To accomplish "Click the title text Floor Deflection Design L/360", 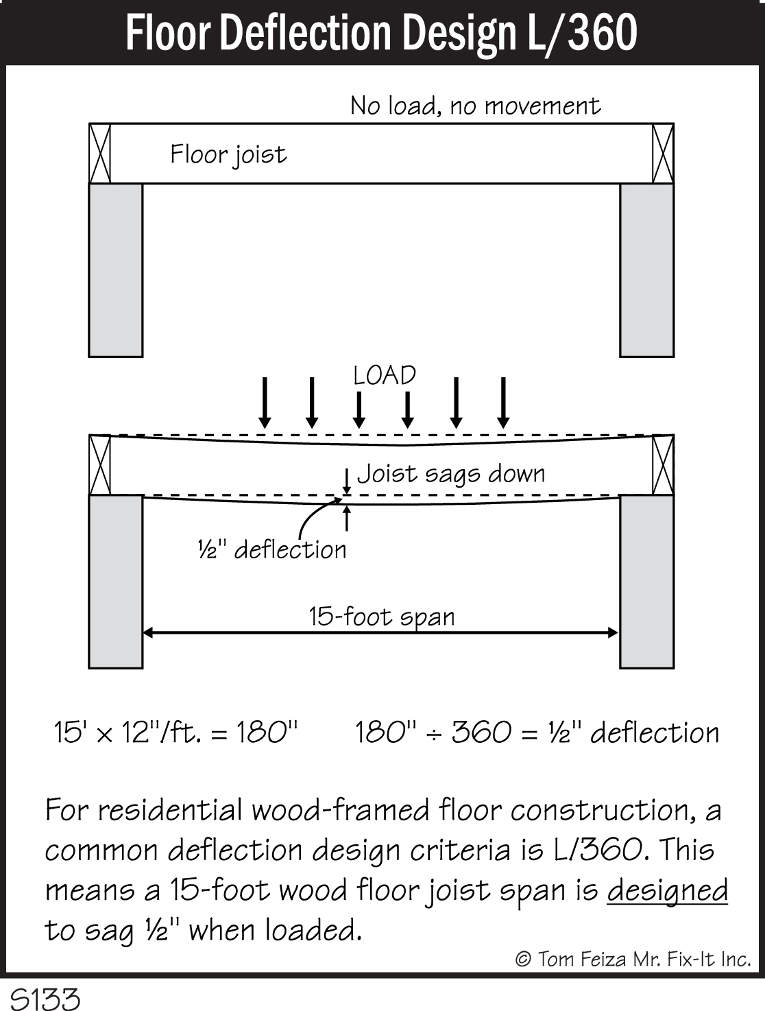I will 381,33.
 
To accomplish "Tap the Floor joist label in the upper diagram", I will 228,155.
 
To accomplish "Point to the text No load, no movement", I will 475,106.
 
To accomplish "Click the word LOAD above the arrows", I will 385,375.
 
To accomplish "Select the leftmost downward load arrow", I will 265,403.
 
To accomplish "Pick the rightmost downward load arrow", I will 503,403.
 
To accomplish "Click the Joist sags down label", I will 451,473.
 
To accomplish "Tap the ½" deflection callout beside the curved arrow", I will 272,549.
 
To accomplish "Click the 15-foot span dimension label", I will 381,616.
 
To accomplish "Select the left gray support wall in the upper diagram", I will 116,270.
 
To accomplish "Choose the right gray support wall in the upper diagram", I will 646,270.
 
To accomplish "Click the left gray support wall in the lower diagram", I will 116,581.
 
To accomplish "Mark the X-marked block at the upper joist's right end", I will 662,154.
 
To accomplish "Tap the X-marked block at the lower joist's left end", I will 100,464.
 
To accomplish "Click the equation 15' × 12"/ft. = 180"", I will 176,733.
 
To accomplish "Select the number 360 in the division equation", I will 481,733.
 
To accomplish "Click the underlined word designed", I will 667,890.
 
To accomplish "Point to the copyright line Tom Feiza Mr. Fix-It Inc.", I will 633,958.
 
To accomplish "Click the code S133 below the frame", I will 45,998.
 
